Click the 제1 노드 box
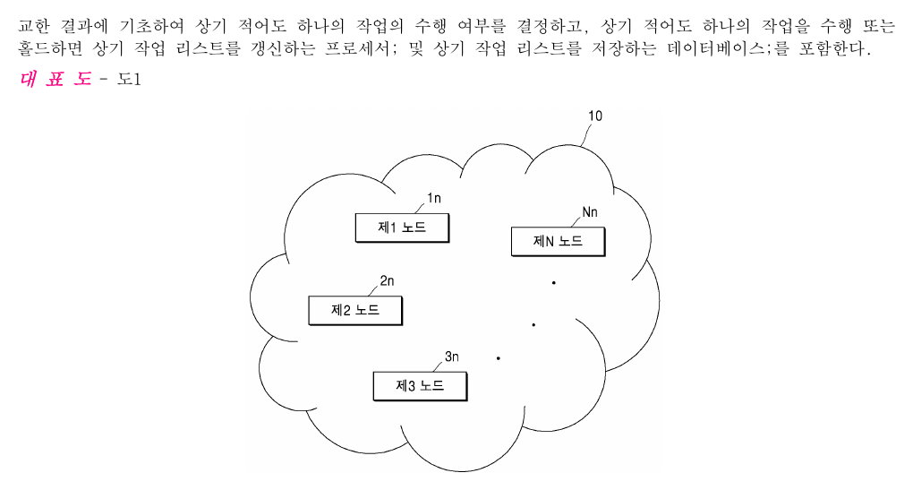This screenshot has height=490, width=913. [x=403, y=228]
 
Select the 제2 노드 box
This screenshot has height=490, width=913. [x=355, y=311]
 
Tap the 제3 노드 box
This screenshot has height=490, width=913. [x=420, y=386]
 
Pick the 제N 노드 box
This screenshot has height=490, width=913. [x=558, y=241]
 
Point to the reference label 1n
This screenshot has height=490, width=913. [x=434, y=198]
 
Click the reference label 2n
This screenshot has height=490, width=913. [x=388, y=281]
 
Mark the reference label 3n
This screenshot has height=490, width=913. [x=452, y=357]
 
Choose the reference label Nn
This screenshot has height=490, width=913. [x=590, y=212]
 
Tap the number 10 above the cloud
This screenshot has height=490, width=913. [x=595, y=116]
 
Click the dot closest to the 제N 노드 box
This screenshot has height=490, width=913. [x=554, y=282]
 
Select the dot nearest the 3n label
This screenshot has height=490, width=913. [x=499, y=357]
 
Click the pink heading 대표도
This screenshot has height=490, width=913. [x=55, y=79]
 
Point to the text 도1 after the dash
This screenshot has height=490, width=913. [x=129, y=79]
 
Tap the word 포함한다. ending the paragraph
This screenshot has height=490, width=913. [x=834, y=48]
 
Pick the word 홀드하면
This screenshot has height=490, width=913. [x=50, y=48]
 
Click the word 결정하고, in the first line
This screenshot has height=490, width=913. [x=552, y=26]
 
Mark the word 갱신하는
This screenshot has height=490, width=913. [x=282, y=48]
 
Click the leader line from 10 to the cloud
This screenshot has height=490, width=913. [x=587, y=135]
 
